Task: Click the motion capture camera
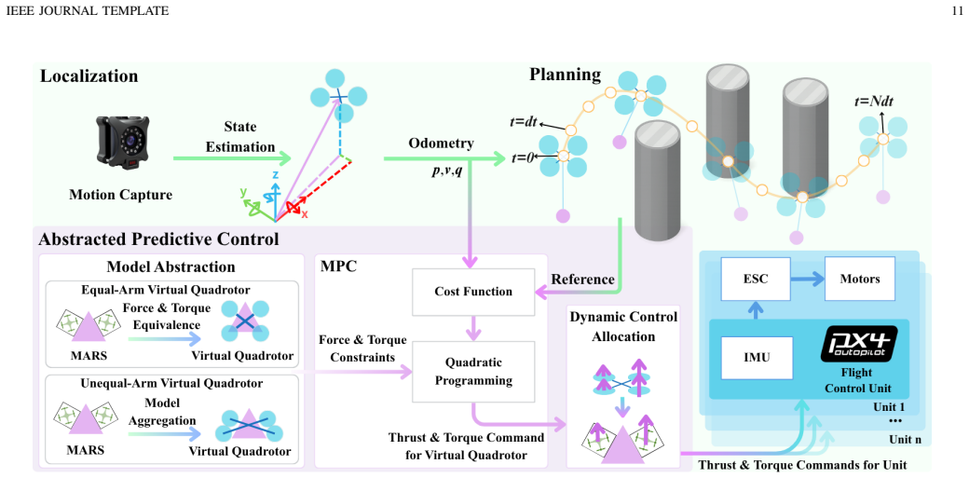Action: [x=125, y=143]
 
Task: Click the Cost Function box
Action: [x=473, y=292]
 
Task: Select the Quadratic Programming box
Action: [x=473, y=371]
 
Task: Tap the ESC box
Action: [x=755, y=279]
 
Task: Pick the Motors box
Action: [x=860, y=279]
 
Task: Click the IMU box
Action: [x=757, y=357]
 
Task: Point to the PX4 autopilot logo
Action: [x=859, y=343]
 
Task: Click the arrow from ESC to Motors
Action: [x=806, y=279]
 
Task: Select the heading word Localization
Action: [x=89, y=76]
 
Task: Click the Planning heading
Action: [x=565, y=75]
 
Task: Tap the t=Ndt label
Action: [x=881, y=101]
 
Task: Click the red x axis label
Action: [x=305, y=213]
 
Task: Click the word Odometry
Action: [x=441, y=143]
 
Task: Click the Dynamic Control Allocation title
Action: [x=623, y=327]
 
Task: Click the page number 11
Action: [x=958, y=10]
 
